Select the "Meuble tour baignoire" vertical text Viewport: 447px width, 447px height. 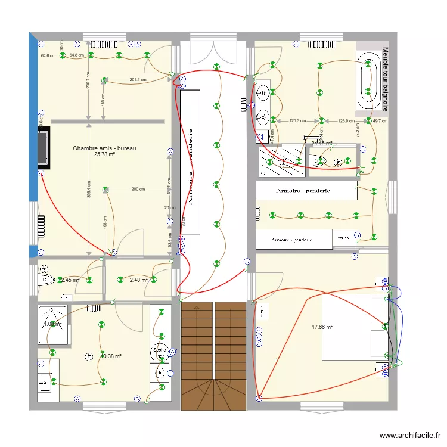[x=385, y=79]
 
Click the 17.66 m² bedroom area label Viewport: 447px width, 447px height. [x=322, y=327]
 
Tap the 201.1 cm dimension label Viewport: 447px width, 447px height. [x=138, y=80]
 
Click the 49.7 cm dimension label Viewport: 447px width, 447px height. [x=380, y=121]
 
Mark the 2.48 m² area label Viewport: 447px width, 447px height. [x=138, y=280]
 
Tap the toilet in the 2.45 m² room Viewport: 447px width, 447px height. [x=46, y=278]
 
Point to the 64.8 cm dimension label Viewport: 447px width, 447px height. [x=76, y=55]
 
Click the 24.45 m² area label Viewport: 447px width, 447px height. [x=322, y=144]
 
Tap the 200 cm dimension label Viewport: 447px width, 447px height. [x=138, y=190]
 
